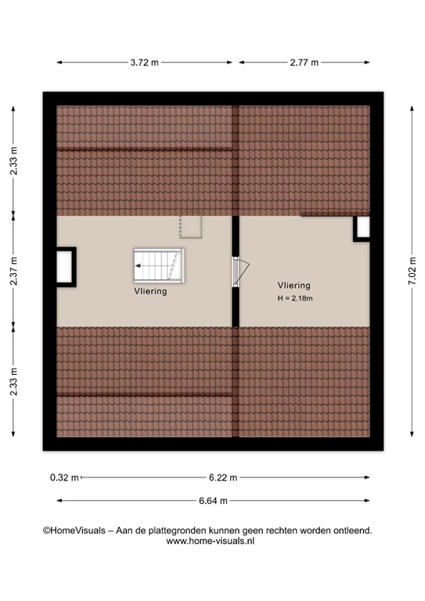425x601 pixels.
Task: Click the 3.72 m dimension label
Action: (145, 63)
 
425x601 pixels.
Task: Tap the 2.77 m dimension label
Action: (304, 63)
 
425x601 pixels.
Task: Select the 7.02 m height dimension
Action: (412, 271)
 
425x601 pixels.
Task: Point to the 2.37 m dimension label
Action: (13, 271)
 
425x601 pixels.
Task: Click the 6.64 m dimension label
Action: (213, 501)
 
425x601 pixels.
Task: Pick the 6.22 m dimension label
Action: (223, 477)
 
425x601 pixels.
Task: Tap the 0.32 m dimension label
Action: (64, 477)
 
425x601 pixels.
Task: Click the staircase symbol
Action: (159, 265)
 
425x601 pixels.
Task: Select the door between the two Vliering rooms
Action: (240, 272)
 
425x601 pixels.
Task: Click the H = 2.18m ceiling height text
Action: (295, 298)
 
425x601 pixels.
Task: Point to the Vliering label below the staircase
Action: (150, 291)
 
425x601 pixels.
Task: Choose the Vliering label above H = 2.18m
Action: (294, 285)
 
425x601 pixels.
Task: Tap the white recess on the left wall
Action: (64, 267)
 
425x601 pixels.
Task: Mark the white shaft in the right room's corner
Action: (363, 227)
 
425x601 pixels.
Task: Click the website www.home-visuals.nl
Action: (211, 541)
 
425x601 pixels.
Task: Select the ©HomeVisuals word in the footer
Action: (74, 531)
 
